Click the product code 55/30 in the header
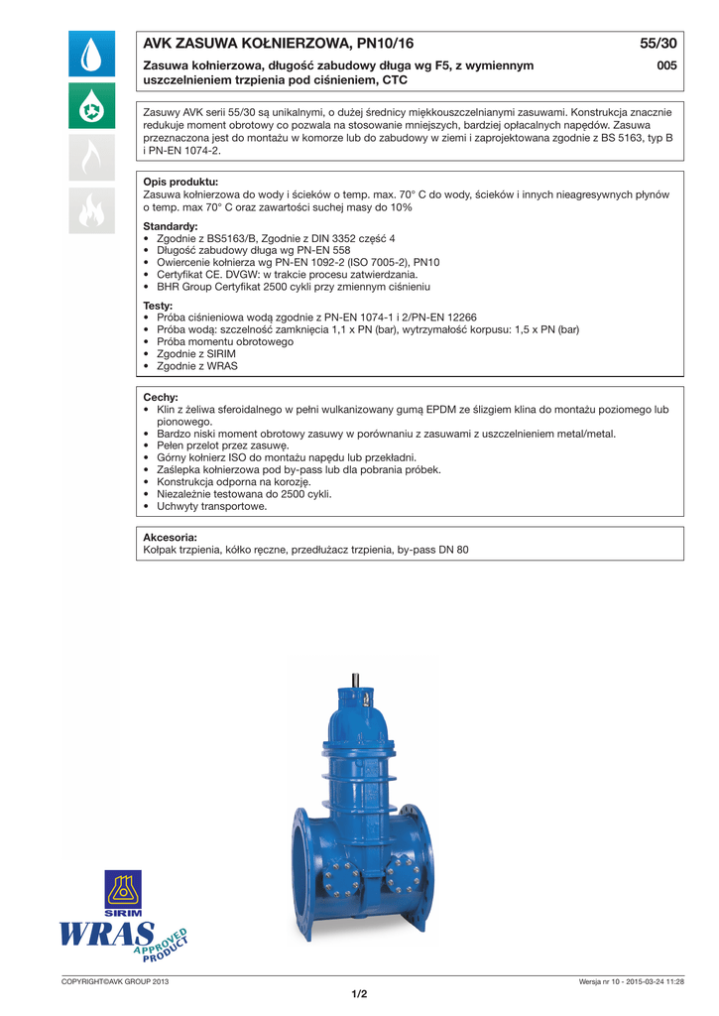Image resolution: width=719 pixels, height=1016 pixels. click(x=659, y=44)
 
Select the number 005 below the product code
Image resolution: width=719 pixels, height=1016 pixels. click(x=666, y=65)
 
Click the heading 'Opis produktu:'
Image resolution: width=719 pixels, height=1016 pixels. click(x=180, y=183)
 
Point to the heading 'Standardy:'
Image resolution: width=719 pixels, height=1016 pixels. click(x=171, y=227)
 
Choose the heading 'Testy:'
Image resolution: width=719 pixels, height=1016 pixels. click(x=159, y=306)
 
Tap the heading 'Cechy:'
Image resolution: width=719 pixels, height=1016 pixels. click(x=161, y=397)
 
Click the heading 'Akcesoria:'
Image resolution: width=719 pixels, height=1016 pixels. click(x=171, y=537)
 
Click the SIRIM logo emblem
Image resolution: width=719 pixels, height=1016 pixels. click(x=124, y=890)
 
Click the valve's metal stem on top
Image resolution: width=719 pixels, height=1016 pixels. click(x=354, y=684)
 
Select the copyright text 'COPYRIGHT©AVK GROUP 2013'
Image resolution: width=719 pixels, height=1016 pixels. click(x=116, y=981)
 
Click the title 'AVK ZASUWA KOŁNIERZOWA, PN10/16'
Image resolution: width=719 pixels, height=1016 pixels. click(x=279, y=44)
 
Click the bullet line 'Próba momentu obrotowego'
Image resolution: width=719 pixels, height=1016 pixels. click(x=225, y=341)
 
